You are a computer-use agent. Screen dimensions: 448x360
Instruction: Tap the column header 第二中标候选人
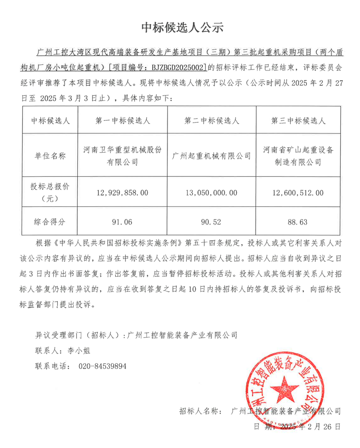212,120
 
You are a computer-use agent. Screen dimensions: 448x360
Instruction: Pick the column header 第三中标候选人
297,120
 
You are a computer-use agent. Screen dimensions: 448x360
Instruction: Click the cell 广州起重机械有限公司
212,156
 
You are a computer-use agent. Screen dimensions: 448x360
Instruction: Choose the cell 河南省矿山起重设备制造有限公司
297,156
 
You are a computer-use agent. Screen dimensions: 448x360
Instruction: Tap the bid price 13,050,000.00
212,193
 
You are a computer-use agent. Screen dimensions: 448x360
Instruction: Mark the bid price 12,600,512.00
297,193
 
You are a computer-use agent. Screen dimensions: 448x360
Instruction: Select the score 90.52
212,222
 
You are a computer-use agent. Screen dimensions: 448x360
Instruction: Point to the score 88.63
297,222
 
